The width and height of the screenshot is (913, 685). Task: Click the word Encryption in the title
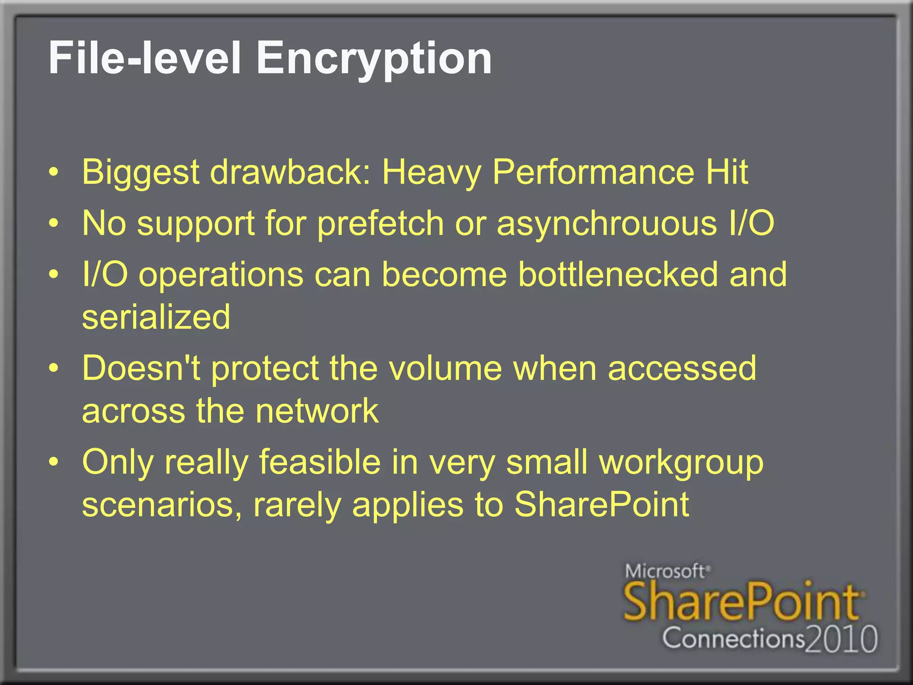coord(374,58)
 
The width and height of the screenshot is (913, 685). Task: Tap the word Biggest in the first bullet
coord(141,172)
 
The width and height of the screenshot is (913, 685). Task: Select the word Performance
coord(593,172)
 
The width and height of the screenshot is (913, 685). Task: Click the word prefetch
coord(380,223)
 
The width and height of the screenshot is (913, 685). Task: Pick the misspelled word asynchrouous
coord(607,223)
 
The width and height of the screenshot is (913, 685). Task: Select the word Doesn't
coord(141,368)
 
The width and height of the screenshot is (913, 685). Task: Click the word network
coord(317,411)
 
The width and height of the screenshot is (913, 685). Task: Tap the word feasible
coord(320,462)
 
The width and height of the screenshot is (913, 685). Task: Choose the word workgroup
coord(681,463)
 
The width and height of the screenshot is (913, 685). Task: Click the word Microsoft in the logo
coord(665,571)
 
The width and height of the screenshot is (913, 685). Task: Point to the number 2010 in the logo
coord(842,639)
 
